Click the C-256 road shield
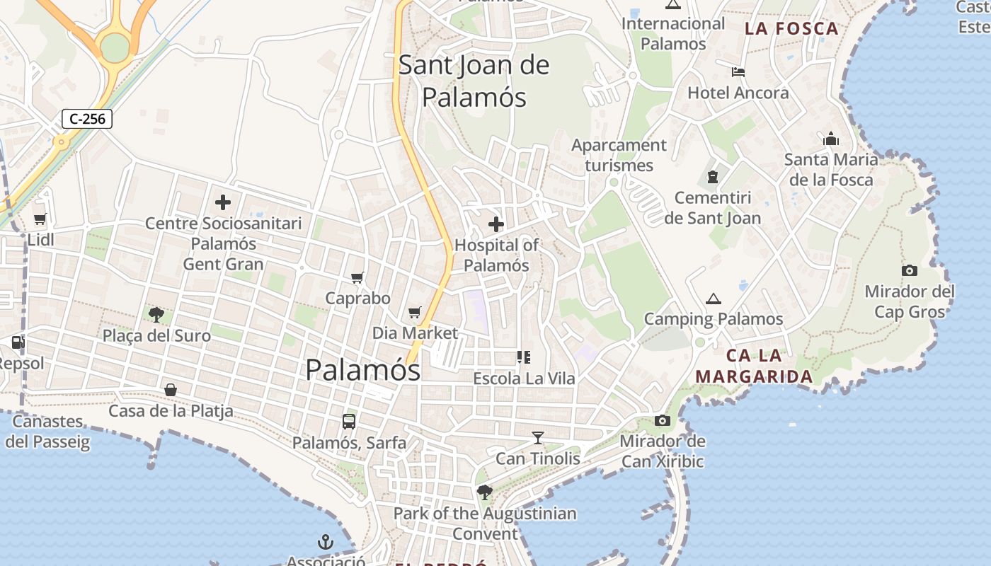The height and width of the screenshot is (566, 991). click(x=88, y=119)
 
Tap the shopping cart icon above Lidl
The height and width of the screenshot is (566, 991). click(x=40, y=219)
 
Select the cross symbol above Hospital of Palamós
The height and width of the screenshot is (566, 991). click(x=496, y=225)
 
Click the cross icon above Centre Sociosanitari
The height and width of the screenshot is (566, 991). click(x=223, y=203)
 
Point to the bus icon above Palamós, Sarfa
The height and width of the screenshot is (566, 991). click(x=349, y=422)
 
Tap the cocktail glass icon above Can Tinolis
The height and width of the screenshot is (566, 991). click(x=538, y=438)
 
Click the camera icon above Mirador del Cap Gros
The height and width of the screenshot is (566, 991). click(x=910, y=270)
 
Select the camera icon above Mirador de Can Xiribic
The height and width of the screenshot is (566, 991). click(x=663, y=421)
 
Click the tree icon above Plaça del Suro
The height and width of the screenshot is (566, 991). click(x=156, y=314)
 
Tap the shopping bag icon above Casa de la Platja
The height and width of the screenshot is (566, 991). click(x=171, y=390)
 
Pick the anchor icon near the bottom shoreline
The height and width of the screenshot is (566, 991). click(x=325, y=543)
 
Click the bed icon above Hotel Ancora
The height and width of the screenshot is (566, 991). click(x=738, y=72)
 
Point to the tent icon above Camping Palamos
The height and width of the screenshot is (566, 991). click(x=713, y=299)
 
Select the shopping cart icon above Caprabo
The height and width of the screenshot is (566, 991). click(x=357, y=278)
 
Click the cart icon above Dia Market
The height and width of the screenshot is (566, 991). click(x=415, y=312)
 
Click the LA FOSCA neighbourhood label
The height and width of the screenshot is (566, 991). click(x=792, y=29)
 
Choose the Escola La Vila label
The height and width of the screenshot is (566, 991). click(x=524, y=379)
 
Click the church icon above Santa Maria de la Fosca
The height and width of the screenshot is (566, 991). click(x=831, y=139)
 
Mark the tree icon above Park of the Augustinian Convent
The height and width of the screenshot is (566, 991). click(x=485, y=492)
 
